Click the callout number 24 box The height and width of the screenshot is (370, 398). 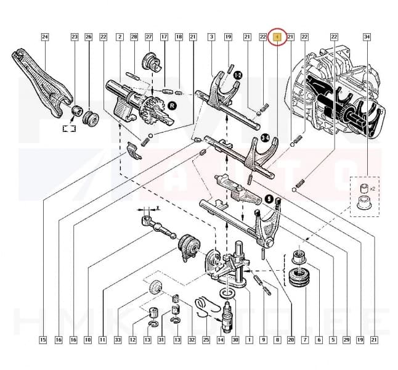[x=44, y=37]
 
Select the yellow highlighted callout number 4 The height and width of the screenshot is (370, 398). [x=278, y=37]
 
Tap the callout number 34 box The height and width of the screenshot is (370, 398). [x=367, y=37]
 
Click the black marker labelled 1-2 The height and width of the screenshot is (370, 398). [x=237, y=75]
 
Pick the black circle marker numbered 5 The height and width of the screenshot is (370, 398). [x=269, y=199]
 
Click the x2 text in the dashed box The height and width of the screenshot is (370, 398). [x=372, y=188]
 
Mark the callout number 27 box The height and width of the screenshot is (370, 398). [x=148, y=37]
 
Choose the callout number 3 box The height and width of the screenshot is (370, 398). [x=211, y=37]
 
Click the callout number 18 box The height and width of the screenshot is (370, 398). [x=179, y=37]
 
